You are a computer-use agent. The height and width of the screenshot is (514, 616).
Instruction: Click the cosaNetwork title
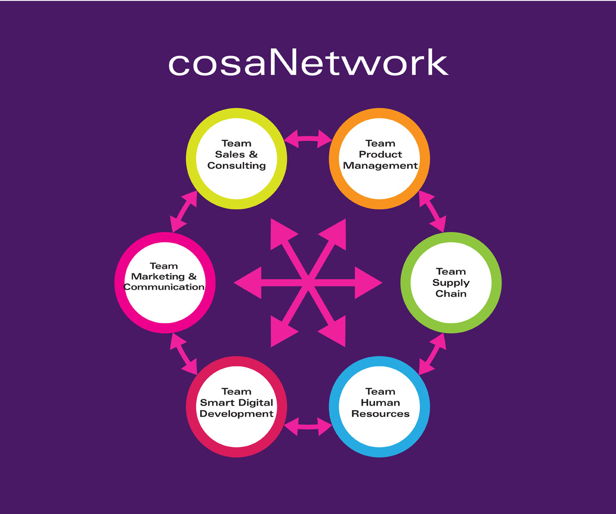tap(308, 63)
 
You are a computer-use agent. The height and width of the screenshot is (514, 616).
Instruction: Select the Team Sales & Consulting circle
tap(236, 159)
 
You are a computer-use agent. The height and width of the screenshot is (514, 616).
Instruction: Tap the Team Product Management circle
tap(380, 159)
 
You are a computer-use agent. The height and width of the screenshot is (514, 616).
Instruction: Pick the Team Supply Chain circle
tap(451, 282)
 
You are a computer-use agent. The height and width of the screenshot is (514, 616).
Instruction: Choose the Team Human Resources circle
tap(380, 406)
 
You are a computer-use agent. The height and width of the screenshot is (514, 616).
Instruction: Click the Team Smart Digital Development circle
tap(236, 406)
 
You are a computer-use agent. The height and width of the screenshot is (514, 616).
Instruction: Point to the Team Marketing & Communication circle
tap(164, 282)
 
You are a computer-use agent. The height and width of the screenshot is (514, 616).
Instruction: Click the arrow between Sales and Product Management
tap(308, 138)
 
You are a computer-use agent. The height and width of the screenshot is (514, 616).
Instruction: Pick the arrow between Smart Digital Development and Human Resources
tap(308, 426)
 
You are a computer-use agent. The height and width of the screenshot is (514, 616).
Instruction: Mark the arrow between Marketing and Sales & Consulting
tap(184, 211)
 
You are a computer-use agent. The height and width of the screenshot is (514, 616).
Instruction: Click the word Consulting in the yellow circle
tap(237, 166)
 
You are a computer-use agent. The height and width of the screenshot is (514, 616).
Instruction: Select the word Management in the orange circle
tap(380, 166)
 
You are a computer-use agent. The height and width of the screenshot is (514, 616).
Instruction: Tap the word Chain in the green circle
tap(451, 293)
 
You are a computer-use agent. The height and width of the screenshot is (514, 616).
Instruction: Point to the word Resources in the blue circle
tap(380, 413)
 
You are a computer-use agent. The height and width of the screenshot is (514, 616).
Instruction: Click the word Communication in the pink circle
tap(164, 287)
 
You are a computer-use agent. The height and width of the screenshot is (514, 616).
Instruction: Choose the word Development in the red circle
tap(237, 414)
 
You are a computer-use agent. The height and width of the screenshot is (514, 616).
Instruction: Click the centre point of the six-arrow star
tap(308, 282)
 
